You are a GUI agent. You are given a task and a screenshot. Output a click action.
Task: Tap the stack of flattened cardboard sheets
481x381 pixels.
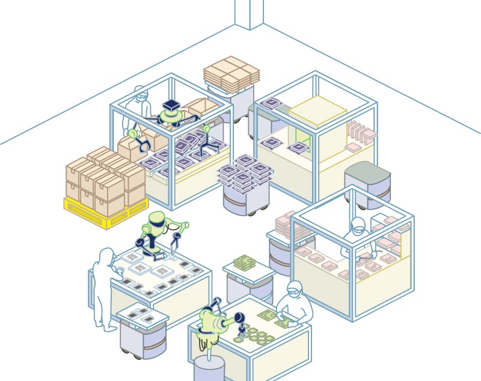[231, 72]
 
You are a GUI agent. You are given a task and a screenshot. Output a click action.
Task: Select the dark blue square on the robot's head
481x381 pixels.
[173, 105]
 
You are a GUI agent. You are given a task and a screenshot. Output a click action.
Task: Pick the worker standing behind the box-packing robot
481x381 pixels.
[138, 105]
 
